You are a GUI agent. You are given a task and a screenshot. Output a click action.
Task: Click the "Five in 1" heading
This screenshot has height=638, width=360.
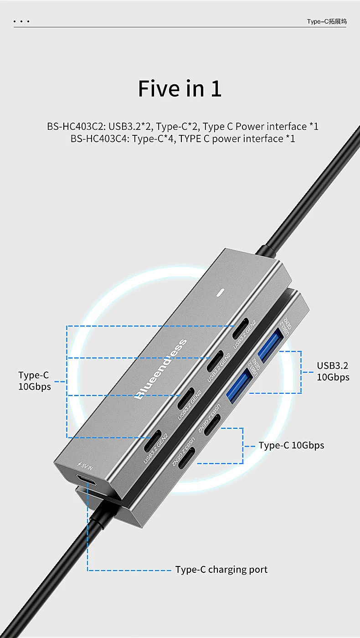point(180,88)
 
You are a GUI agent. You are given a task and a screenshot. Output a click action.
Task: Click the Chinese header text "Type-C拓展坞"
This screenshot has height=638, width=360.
point(327,21)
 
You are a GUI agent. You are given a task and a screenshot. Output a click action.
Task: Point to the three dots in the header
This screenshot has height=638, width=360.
point(21,21)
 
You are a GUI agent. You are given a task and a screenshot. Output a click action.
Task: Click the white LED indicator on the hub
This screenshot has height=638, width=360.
point(221,293)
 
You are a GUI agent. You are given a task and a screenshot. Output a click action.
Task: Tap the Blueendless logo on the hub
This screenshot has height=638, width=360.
point(161,369)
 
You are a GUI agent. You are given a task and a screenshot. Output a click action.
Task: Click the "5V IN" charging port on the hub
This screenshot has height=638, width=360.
point(86,479)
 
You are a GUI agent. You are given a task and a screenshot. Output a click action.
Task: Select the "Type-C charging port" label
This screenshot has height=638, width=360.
point(221,569)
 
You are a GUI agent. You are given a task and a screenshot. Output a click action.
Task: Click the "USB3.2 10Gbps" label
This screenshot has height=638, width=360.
point(333,371)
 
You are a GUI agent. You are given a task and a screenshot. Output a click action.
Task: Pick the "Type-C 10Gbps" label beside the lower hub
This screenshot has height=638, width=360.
point(291,445)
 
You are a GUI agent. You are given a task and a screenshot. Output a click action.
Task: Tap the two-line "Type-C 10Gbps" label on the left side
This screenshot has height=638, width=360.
point(35,381)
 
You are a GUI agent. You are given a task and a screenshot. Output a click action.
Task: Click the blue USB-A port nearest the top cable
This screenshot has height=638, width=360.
point(271,345)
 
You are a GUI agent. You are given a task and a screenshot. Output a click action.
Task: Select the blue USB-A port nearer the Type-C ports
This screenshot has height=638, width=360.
point(239,386)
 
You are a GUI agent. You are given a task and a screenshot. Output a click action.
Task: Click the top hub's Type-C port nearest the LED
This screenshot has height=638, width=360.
point(241,329)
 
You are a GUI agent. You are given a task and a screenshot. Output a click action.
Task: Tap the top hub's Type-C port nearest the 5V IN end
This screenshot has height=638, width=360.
point(153,441)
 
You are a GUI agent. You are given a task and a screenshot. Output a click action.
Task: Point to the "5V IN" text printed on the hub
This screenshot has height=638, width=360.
point(86,465)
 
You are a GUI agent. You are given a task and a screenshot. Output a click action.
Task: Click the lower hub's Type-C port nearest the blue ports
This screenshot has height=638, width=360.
point(212,424)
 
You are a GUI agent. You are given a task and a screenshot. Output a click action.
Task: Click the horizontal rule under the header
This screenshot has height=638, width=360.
point(180,27)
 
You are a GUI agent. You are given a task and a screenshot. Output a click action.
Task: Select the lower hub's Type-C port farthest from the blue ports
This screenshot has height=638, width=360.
point(187,458)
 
